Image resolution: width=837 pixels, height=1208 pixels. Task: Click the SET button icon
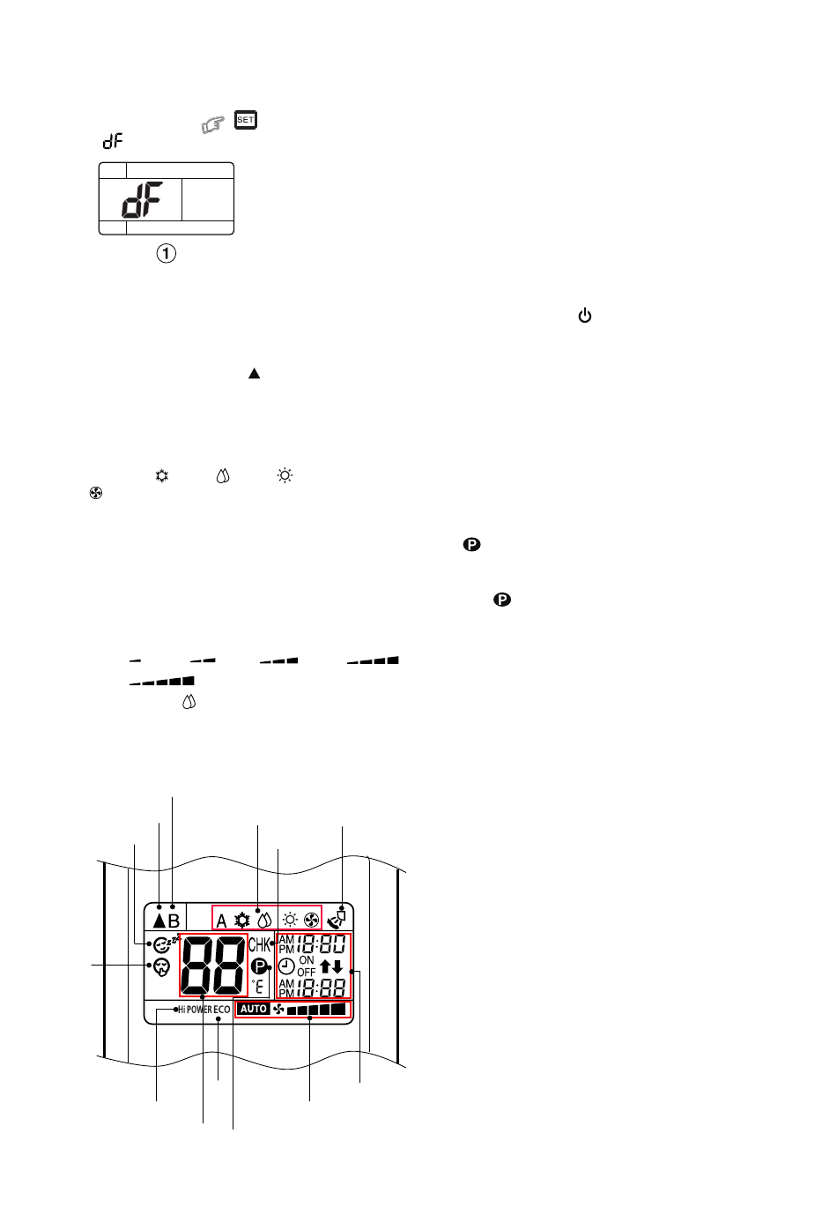point(246,120)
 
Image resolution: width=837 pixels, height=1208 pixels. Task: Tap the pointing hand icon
point(212,127)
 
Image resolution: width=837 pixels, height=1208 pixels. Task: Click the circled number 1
point(167,254)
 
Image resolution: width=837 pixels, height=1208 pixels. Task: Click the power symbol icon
point(584,316)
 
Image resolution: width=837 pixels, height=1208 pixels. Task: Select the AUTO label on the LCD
point(254,1009)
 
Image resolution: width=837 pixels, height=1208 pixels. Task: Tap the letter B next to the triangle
point(174,921)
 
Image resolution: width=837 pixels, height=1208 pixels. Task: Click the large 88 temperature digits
point(213,966)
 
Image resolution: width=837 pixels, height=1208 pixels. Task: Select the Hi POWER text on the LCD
point(195,1010)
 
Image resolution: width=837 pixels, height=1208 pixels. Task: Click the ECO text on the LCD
point(222,1010)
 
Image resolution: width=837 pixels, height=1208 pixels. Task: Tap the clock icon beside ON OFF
point(286,966)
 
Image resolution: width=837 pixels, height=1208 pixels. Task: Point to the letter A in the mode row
point(221,921)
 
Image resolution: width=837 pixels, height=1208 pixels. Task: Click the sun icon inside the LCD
point(289,919)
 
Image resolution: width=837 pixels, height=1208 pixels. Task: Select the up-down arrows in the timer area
point(331,966)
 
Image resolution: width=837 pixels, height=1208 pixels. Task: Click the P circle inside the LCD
point(259,966)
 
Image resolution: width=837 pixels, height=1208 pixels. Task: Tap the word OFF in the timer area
point(306,972)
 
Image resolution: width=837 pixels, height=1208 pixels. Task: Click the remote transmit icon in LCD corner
point(337,918)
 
